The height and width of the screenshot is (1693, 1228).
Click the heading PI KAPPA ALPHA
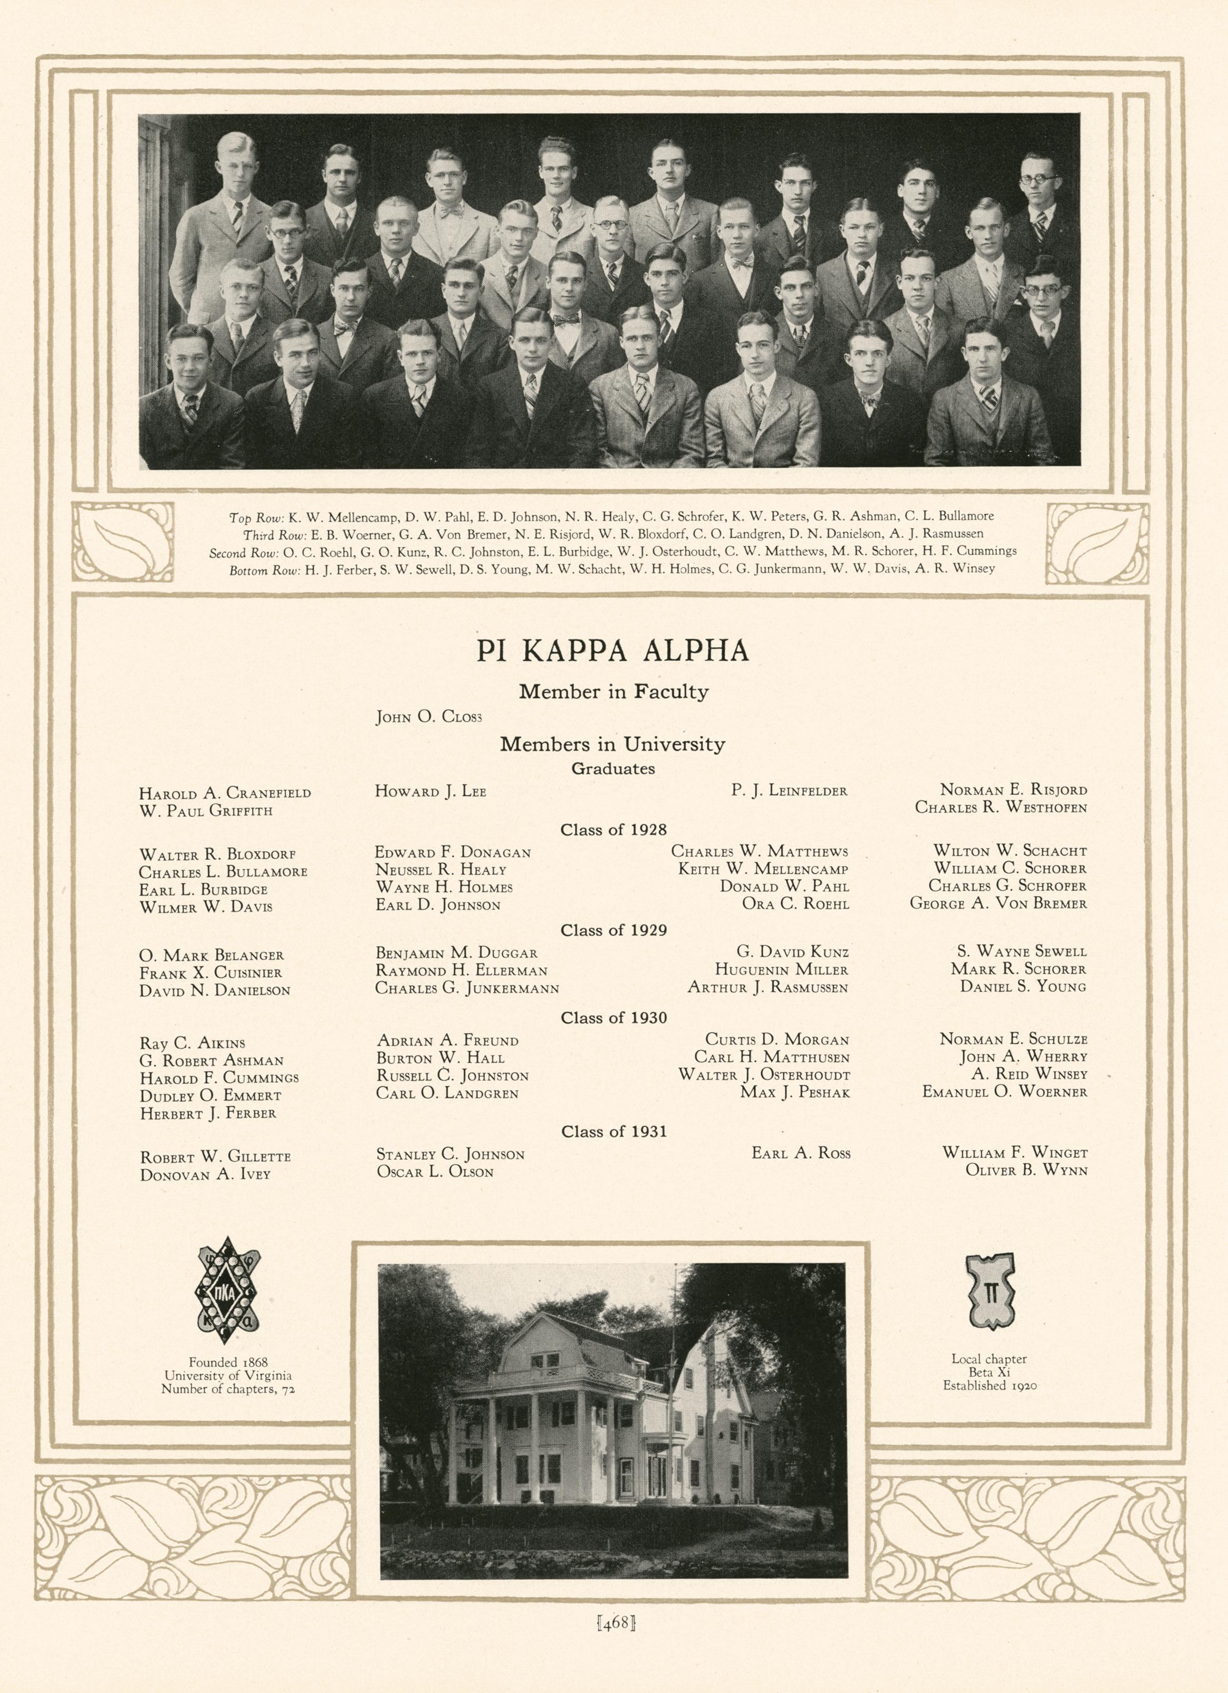click(613, 651)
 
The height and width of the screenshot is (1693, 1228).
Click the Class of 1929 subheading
click(613, 930)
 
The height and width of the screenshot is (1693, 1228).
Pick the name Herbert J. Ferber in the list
click(207, 1113)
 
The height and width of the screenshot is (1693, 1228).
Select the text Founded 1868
click(228, 1362)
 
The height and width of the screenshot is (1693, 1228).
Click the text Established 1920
click(990, 1386)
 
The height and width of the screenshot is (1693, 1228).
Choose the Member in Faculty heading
click(613, 692)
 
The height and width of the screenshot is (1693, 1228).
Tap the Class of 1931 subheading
click(613, 1132)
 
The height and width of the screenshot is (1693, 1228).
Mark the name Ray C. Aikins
click(192, 1043)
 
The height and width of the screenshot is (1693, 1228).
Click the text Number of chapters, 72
click(228, 1389)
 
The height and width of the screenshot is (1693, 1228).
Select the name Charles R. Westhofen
click(1000, 807)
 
